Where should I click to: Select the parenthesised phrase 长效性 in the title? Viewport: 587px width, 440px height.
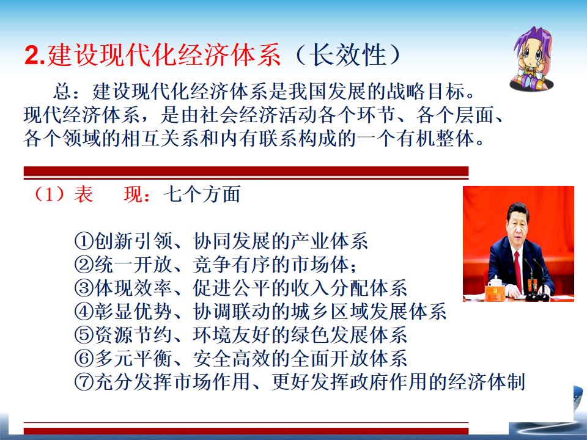coord(348,56)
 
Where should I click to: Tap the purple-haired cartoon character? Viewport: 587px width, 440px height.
coord(531,58)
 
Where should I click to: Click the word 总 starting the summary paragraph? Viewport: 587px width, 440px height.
coord(62,92)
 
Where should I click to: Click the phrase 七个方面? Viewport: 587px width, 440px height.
coord(202,194)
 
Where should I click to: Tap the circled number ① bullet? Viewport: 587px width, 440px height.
coord(84,241)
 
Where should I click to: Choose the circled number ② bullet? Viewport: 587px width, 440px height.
coord(84,265)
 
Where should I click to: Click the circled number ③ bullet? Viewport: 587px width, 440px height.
coord(84,288)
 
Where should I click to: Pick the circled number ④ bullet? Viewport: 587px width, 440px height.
coord(84,311)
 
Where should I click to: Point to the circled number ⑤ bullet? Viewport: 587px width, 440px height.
coord(84,335)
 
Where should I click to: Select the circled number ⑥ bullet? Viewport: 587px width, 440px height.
coord(84,359)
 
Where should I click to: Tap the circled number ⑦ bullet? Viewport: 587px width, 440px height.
coord(84,381)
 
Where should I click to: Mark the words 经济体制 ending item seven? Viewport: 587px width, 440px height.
coord(486,381)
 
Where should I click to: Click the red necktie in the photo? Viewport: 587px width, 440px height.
coord(518,270)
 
